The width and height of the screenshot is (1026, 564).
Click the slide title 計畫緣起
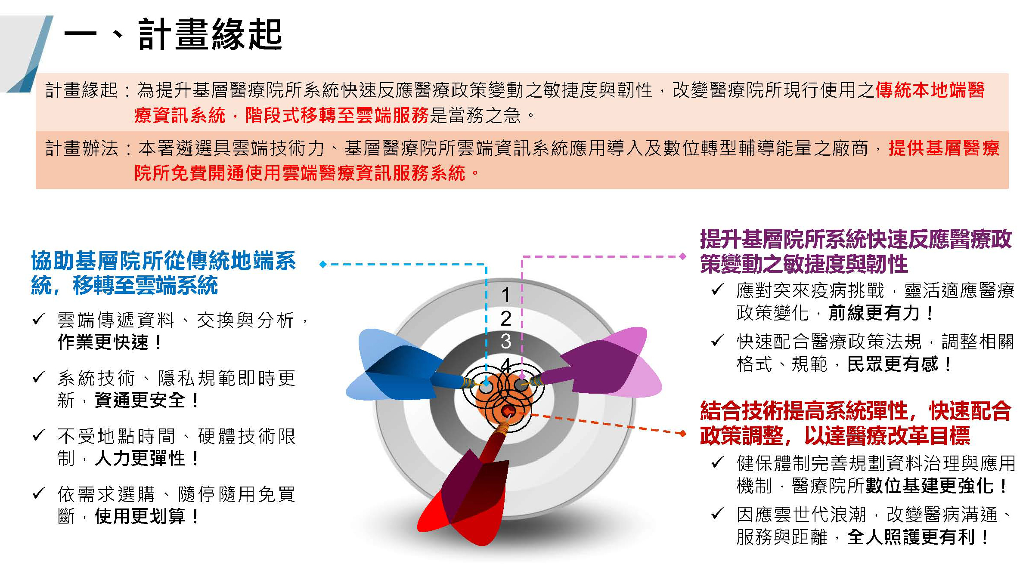click(x=210, y=34)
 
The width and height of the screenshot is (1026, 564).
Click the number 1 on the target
click(x=506, y=295)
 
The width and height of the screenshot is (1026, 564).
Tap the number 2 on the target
click(x=506, y=319)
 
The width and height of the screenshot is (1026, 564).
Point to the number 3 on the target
click(x=506, y=342)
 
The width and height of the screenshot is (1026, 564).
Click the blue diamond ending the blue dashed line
click(x=323, y=264)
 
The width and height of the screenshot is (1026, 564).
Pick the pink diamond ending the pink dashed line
click(x=682, y=256)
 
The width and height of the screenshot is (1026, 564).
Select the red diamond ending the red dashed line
click(x=682, y=433)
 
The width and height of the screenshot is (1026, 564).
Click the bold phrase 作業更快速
click(x=103, y=342)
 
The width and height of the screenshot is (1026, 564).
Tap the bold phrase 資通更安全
click(x=140, y=401)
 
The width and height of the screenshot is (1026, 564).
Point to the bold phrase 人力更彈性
click(x=140, y=459)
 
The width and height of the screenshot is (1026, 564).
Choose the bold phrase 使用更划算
click(x=140, y=516)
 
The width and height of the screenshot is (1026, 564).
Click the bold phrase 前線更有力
click(x=874, y=313)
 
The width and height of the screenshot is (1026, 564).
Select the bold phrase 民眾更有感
click(x=893, y=364)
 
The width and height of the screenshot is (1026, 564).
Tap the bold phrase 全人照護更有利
click(x=911, y=537)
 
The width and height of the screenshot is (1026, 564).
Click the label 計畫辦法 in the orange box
click(x=82, y=148)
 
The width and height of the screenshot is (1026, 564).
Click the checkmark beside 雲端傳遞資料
click(x=38, y=319)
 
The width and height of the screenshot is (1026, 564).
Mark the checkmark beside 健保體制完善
click(x=717, y=462)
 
